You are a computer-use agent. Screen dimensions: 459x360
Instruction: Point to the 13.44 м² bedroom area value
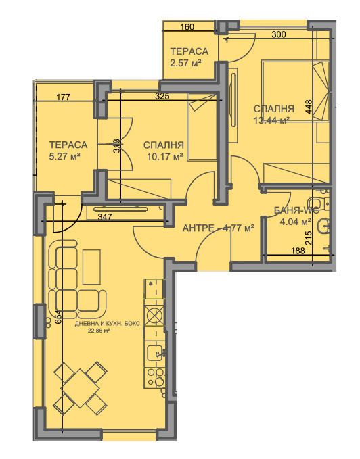coord(271,121)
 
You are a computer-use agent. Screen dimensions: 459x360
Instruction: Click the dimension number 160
coord(188,28)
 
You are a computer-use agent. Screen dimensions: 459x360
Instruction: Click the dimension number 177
coord(64,97)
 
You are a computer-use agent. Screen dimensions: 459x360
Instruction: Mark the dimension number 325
coord(162,97)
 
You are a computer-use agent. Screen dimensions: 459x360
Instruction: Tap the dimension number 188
coord(298,251)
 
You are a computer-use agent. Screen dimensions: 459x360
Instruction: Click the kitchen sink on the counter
coord(155,352)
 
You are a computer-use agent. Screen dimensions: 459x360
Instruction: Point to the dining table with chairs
coord(81,388)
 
